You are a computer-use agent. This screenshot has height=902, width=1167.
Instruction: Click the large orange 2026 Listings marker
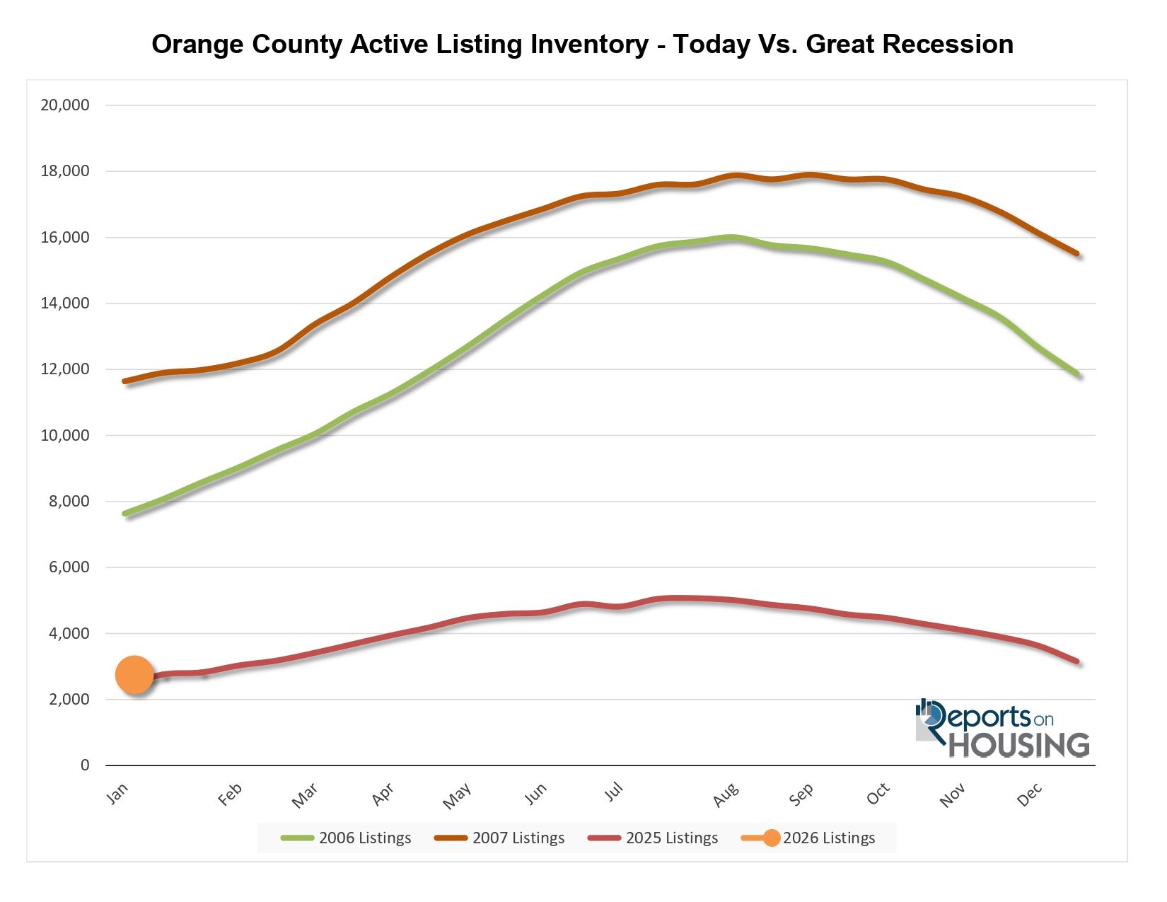point(134,675)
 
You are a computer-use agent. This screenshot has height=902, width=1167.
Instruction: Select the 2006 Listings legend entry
point(347,838)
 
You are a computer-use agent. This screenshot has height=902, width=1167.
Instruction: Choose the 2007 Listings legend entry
point(500,838)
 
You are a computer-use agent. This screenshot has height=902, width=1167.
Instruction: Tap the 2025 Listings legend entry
point(654,838)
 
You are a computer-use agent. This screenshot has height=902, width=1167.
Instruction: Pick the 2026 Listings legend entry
point(809,838)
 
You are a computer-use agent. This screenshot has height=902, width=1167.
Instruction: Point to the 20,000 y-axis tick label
point(65,105)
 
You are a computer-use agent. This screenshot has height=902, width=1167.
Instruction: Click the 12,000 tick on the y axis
point(65,369)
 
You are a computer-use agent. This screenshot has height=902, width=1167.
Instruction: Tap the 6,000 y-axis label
point(69,567)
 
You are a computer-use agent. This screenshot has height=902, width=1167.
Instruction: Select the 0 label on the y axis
point(85,765)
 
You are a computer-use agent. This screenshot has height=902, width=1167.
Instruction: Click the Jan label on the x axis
point(117,794)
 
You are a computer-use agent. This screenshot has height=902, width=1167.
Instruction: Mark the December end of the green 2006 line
point(1078,374)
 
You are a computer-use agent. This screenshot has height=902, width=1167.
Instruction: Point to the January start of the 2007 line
point(125,381)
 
